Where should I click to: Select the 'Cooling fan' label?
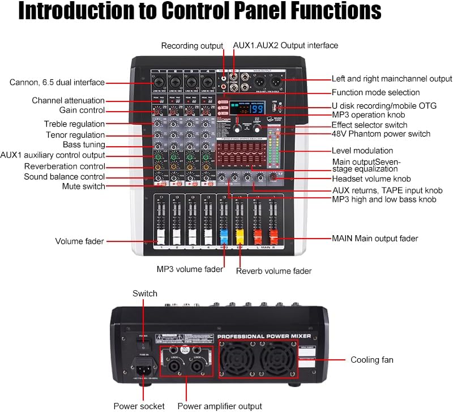pyautogui.click(x=372, y=360)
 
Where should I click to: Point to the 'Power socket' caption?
pyautogui.click(x=139, y=406)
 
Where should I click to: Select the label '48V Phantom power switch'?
pyautogui.click(x=381, y=134)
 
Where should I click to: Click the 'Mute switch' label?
pyautogui.click(x=83, y=186)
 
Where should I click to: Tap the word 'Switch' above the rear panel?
pyautogui.click(x=145, y=294)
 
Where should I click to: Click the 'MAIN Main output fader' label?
pyautogui.click(x=375, y=239)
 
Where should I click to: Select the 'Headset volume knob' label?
pyautogui.click(x=375, y=179)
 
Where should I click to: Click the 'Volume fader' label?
pyautogui.click(x=79, y=241)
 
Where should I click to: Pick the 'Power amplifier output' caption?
pyautogui.click(x=220, y=406)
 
